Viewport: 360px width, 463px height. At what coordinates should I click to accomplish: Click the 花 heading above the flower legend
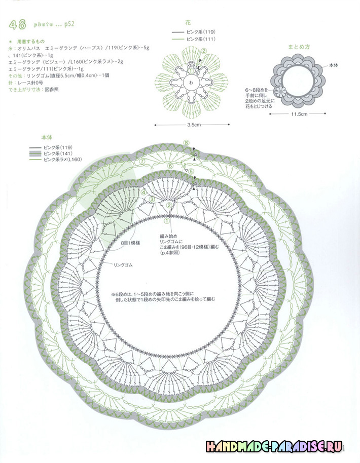(188, 23)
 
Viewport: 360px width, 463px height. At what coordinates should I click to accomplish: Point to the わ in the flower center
(191, 83)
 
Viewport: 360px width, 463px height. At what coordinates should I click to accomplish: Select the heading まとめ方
(300, 47)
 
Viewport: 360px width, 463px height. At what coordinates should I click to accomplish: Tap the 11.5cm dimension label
(299, 114)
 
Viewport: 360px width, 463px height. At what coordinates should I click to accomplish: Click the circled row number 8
(186, 143)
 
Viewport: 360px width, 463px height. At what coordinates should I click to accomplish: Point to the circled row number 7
(142, 162)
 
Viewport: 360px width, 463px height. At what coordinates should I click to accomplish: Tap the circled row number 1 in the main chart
(166, 221)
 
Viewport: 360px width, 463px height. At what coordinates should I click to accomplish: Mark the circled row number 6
(170, 166)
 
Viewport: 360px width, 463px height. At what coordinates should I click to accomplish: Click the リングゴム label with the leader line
(124, 264)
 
